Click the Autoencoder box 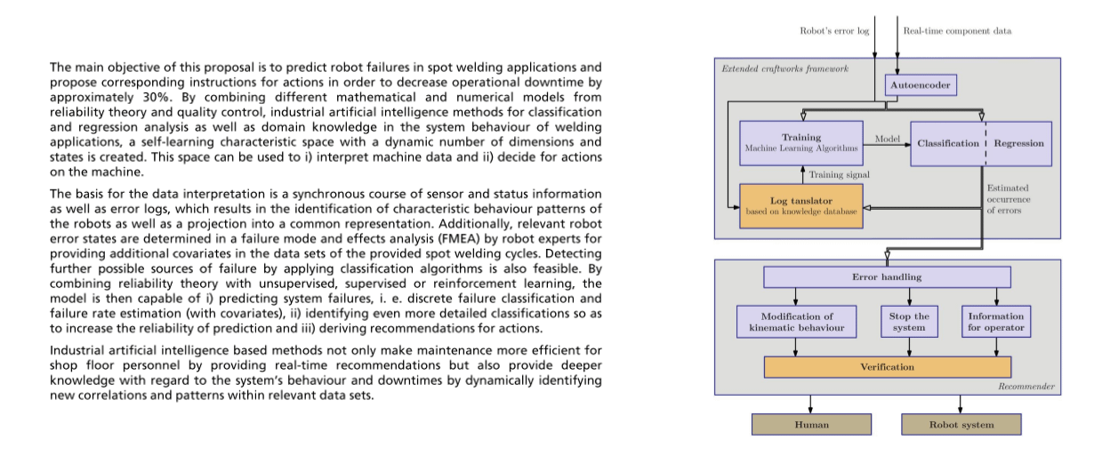(x=921, y=85)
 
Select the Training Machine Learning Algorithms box (x=801, y=143)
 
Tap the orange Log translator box (x=801, y=206)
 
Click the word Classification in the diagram (x=948, y=143)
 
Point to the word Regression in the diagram (x=1018, y=143)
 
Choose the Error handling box (x=887, y=277)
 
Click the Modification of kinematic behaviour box (x=797, y=322)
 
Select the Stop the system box (x=909, y=322)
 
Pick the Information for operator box (x=996, y=322)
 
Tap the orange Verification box (x=888, y=367)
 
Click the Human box (x=811, y=425)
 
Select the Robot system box (x=961, y=425)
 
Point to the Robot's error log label (x=834, y=31)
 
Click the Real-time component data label (x=957, y=31)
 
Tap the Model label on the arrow (x=888, y=139)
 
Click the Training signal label (x=839, y=175)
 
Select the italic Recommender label (x=1026, y=387)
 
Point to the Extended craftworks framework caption (x=784, y=68)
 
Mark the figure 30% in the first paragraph (x=156, y=97)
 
